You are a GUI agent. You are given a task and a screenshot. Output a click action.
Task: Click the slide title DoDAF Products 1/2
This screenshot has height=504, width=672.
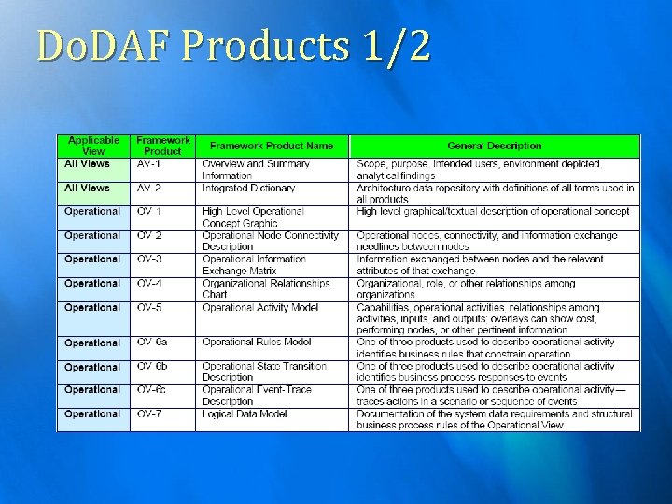tap(232, 45)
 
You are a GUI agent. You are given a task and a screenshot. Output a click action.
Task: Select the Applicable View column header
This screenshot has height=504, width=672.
tap(93, 146)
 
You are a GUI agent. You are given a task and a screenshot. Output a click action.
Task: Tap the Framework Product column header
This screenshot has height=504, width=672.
tap(162, 146)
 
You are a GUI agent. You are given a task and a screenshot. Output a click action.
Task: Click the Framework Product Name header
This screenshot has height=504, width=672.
tap(272, 146)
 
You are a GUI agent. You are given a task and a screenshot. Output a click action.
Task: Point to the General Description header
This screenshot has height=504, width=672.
tap(494, 146)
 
